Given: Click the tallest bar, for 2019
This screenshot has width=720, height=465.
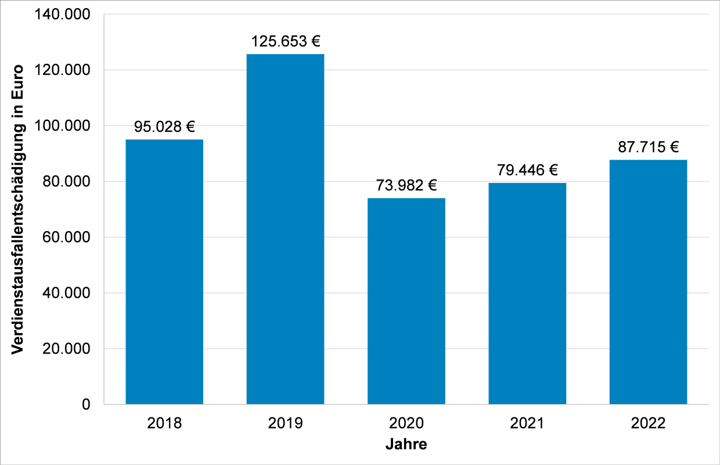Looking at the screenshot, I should (285, 229).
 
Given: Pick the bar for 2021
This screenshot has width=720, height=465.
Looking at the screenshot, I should (527, 293).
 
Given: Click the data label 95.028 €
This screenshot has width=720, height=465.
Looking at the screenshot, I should (164, 127).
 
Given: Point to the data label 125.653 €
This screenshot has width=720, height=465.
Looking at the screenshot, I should (285, 41).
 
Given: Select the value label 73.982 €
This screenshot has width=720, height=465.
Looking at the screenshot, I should (406, 185).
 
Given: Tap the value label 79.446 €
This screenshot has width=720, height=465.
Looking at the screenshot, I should (527, 170).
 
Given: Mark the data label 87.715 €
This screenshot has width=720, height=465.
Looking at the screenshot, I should (648, 147).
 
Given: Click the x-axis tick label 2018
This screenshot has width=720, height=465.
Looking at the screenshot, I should (164, 423).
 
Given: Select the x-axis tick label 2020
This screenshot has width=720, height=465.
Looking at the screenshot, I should (406, 423).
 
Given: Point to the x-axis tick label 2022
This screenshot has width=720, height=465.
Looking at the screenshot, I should (648, 423).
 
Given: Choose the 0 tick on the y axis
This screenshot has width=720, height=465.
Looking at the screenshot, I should (86, 405).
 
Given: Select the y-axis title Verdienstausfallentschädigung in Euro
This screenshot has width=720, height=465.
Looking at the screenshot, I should (17, 209).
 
